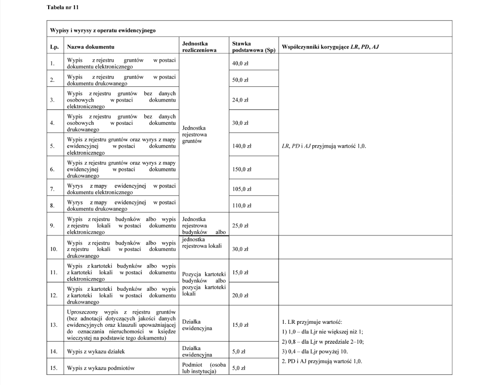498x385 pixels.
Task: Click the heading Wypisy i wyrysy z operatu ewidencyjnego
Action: (103, 30)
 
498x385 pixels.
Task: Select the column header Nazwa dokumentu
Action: (90, 47)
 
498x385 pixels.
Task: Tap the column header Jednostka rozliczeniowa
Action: (199, 47)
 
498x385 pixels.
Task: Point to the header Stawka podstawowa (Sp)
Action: (253, 47)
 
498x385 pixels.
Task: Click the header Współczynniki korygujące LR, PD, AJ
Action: (330, 47)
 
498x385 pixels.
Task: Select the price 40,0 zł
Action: (240, 64)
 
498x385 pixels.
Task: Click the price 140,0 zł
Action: (242, 146)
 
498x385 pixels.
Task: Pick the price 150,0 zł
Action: (242, 169)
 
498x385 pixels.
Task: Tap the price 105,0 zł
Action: (242, 189)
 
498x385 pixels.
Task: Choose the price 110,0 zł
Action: (242, 206)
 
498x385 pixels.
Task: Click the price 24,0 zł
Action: (240, 100)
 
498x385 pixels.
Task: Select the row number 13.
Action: (54, 325)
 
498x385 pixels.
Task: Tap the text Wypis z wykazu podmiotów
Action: (101, 368)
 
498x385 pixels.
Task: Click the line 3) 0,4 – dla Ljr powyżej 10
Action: (315, 352)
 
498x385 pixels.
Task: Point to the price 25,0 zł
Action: (240, 226)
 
